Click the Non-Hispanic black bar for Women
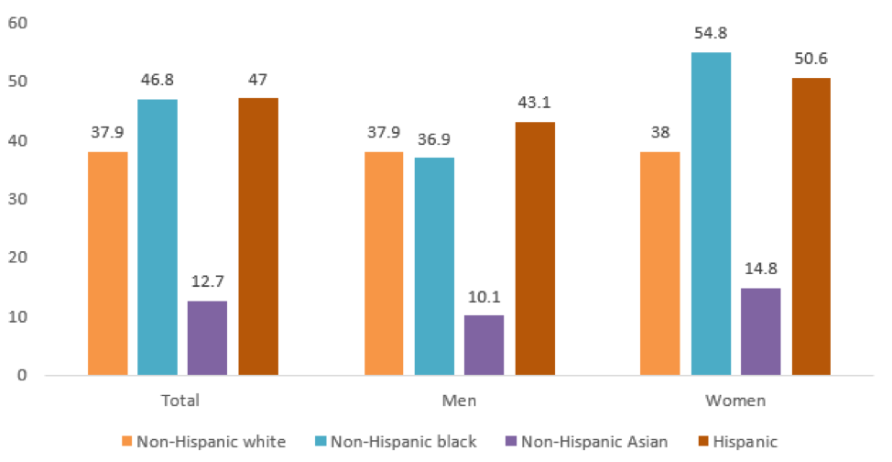[711, 214]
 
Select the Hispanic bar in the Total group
[258, 236]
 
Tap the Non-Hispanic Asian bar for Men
[484, 345]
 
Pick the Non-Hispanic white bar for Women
[659, 263]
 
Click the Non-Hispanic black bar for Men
[434, 266]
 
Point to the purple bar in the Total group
[207, 337]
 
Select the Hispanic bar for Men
[535, 248]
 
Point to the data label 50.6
[811, 58]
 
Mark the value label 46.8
[158, 80]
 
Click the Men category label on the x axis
[459, 401]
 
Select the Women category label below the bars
[735, 401]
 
